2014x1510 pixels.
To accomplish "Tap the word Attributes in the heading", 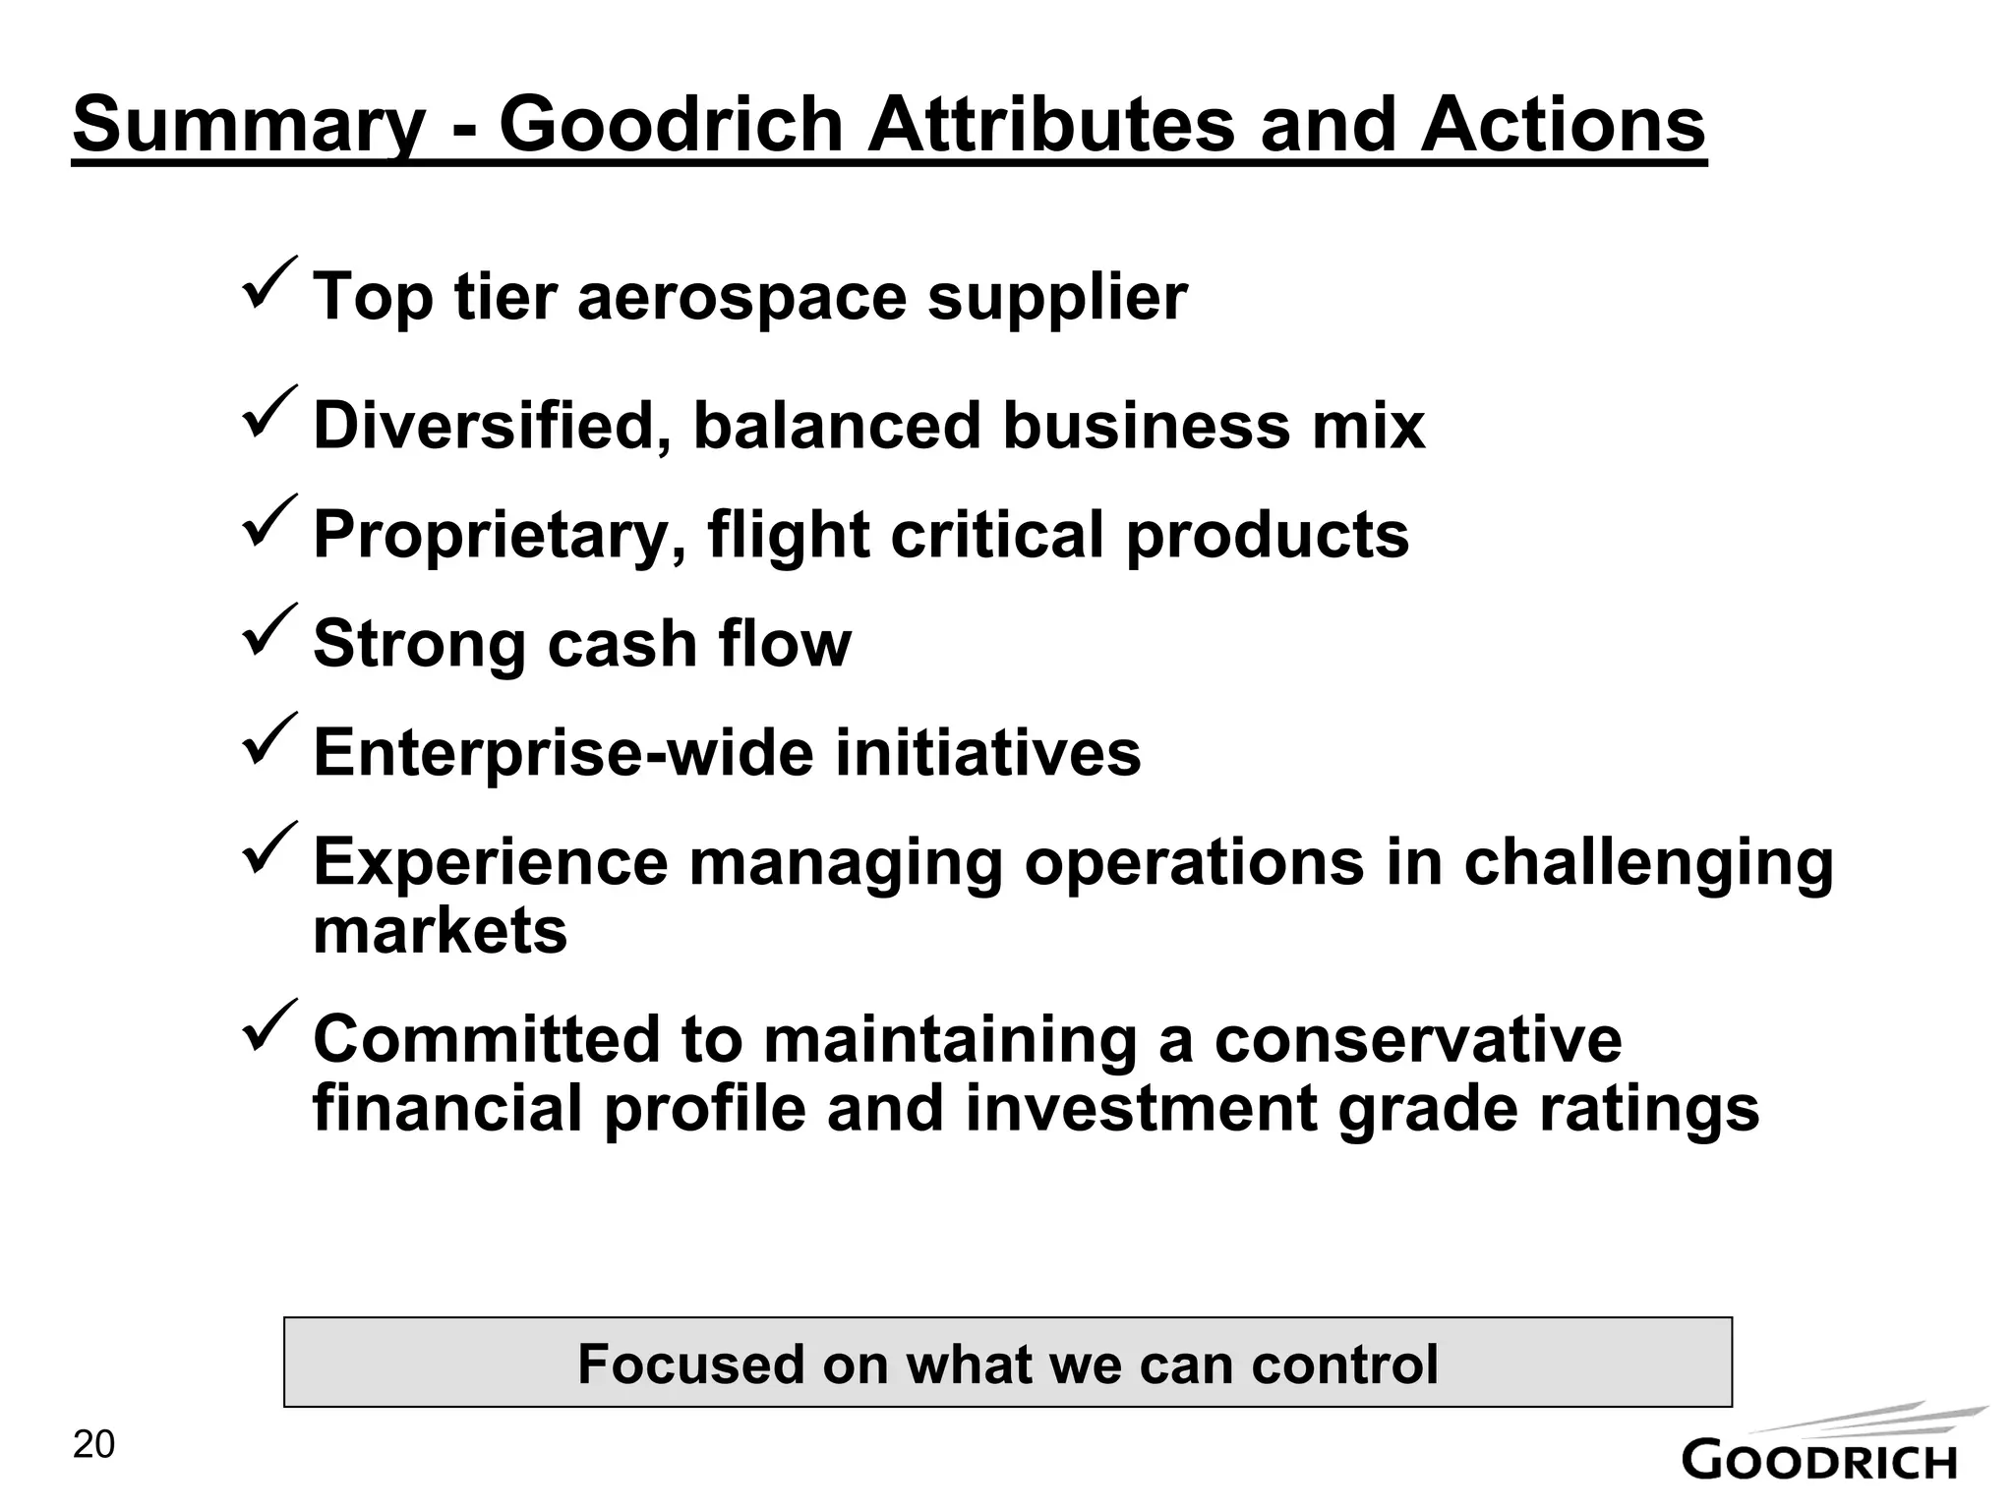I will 1050,124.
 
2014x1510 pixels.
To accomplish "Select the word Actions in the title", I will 1563,124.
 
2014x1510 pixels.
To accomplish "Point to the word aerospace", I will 741,297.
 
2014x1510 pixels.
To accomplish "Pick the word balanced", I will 837,426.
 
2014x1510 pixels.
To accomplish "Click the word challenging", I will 1648,864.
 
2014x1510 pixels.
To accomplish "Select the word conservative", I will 1418,1039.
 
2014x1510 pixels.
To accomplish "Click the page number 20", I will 94,1445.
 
